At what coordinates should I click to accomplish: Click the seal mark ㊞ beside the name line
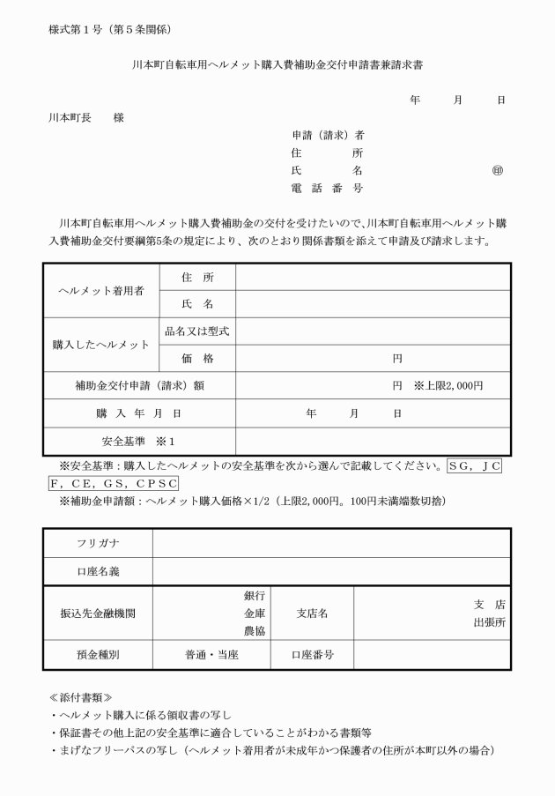point(499,170)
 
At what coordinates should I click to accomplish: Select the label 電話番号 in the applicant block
point(327,188)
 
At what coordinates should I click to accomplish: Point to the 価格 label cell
point(197,358)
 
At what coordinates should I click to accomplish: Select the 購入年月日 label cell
point(138,413)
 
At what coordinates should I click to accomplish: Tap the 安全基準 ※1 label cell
point(138,441)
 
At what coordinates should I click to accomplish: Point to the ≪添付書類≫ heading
point(80,696)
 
